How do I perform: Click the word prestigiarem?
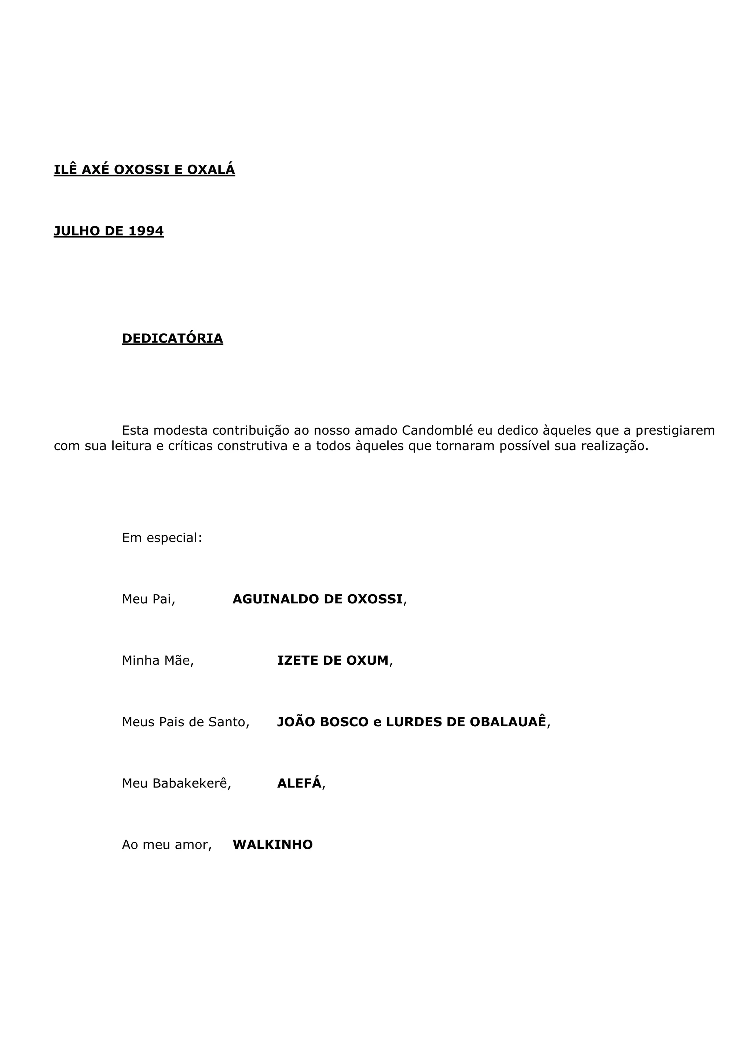(675, 431)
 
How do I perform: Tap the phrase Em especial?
(162, 538)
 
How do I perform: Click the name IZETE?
(297, 661)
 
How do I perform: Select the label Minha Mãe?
(158, 661)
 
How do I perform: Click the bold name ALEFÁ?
(299, 783)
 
